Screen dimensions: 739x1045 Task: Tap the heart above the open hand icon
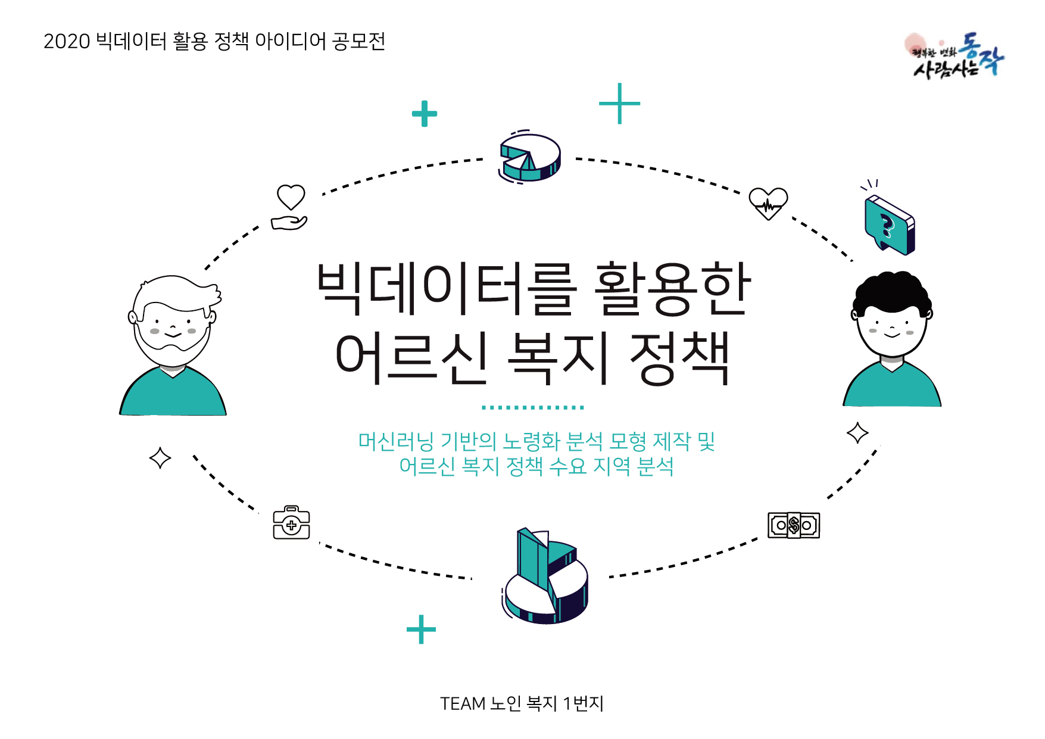tap(291, 197)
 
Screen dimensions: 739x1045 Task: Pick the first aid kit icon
tap(291, 523)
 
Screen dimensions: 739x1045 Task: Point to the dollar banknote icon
tap(793, 525)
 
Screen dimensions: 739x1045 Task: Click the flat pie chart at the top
tap(530, 157)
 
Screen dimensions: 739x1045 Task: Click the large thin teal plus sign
tap(619, 104)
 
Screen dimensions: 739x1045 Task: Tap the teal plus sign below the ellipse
tap(421, 629)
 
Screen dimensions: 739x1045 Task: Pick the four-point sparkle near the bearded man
tap(160, 458)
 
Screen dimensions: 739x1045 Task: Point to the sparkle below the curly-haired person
tap(857, 433)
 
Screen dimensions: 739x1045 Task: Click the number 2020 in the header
tap(67, 42)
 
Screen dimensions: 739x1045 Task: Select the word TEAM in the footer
tap(463, 704)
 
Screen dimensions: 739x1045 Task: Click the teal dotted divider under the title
tap(532, 408)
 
